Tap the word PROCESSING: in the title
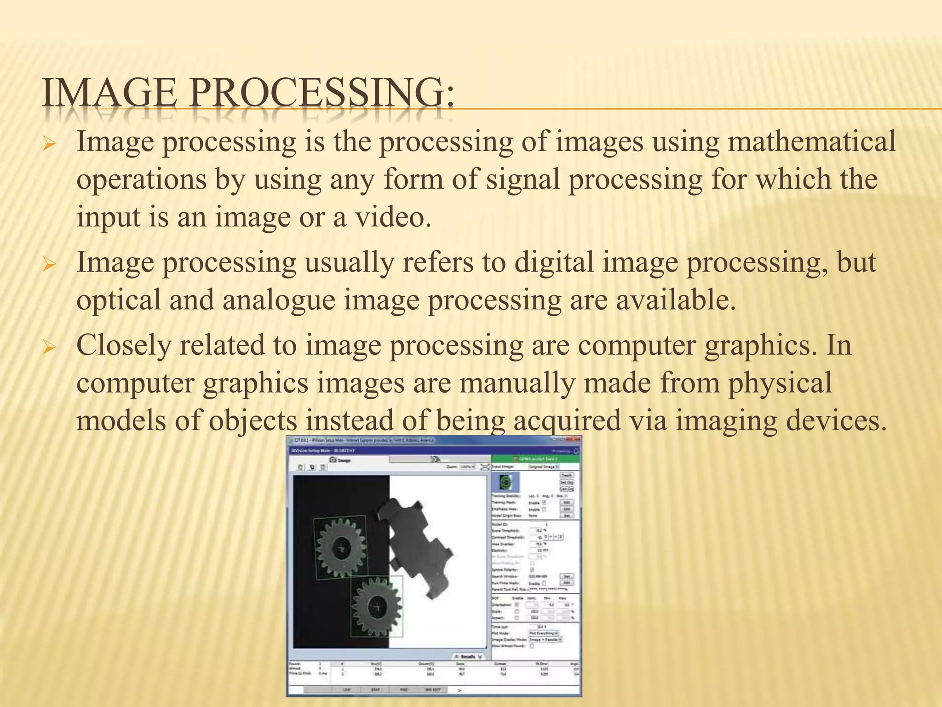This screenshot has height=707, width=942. (322, 93)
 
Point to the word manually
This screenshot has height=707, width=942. (517, 383)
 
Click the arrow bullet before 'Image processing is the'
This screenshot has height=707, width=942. (49, 145)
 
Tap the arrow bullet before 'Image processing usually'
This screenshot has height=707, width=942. (49, 266)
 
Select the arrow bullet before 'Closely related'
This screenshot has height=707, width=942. (49, 348)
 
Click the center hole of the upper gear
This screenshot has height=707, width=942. (341, 548)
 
